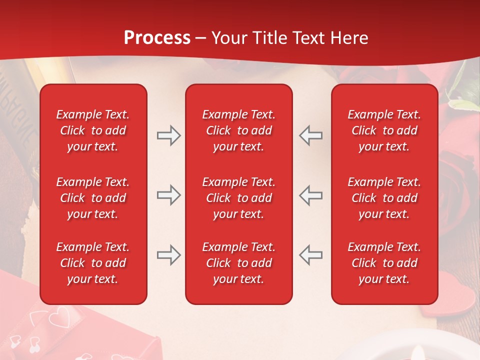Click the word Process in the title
157,38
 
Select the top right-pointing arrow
168,135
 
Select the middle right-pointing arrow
168,195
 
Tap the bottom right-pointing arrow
168,255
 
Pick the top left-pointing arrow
311,135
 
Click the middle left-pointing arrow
311,195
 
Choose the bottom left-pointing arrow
311,255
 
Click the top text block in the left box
93,130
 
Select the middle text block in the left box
93,198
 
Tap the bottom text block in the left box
93,263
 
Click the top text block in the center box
238,130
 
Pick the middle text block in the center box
238,198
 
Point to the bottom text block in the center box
238,263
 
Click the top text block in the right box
384,130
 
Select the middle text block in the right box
384,198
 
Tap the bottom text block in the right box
384,263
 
